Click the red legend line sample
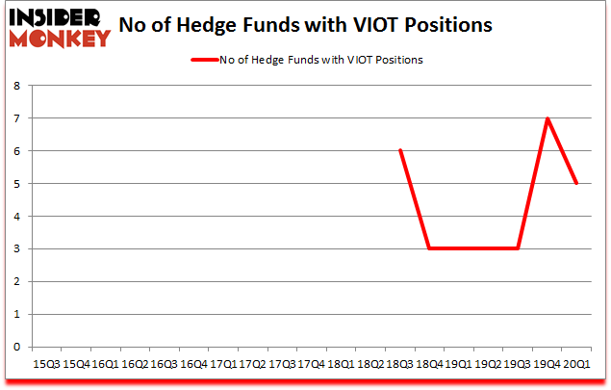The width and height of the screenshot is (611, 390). coord(207,60)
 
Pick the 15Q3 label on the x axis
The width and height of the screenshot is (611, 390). coord(46,364)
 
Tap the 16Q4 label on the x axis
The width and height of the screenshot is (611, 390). coord(193,364)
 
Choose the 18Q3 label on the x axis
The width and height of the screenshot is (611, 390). coord(399,364)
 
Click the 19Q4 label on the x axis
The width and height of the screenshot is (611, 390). coord(547,364)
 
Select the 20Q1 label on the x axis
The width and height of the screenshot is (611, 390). coord(576,364)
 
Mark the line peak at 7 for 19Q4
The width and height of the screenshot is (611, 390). coord(547,118)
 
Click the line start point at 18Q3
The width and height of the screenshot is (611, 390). coord(399,150)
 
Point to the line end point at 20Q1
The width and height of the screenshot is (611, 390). coord(576,183)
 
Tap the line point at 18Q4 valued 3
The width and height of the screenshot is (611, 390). coord(429,248)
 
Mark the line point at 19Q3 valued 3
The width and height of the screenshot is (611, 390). coord(518,248)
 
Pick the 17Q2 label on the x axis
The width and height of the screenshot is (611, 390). coord(252,364)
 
